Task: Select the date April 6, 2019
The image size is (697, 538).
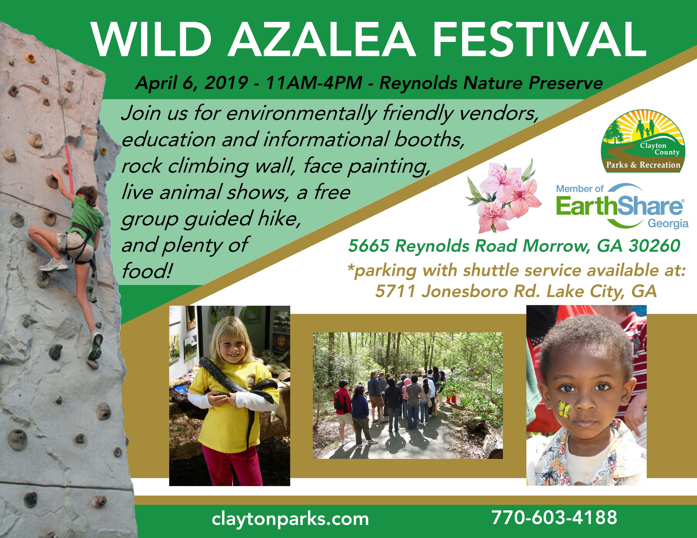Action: pos(192,83)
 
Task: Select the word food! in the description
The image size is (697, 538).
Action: pos(147,271)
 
